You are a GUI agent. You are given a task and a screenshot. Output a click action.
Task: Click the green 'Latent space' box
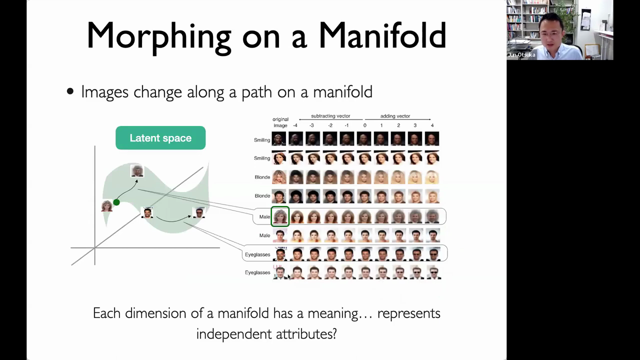click(160, 137)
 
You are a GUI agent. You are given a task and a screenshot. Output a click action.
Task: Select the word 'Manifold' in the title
click(382, 35)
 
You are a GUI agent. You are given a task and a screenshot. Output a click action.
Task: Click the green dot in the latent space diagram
click(116, 202)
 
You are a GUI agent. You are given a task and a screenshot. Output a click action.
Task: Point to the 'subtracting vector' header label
click(330, 116)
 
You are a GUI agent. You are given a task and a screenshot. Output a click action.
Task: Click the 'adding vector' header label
click(395, 116)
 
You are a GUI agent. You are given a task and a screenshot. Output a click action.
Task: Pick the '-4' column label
click(295, 125)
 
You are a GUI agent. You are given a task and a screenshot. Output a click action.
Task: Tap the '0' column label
click(364, 125)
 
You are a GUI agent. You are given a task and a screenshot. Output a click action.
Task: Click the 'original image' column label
click(280, 122)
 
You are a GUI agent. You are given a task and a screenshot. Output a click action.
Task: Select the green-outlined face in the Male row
click(280, 216)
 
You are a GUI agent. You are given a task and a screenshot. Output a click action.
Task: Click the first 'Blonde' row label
click(262, 177)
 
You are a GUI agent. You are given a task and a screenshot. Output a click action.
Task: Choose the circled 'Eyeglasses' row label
click(257, 254)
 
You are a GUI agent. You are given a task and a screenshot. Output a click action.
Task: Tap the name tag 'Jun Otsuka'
click(521, 55)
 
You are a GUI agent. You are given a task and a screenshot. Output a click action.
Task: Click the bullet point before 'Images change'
click(70, 91)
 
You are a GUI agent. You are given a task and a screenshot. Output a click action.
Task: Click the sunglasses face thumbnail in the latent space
click(199, 213)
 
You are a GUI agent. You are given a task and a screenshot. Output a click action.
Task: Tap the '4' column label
click(432, 125)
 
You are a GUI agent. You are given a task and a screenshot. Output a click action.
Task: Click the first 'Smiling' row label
click(262, 140)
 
